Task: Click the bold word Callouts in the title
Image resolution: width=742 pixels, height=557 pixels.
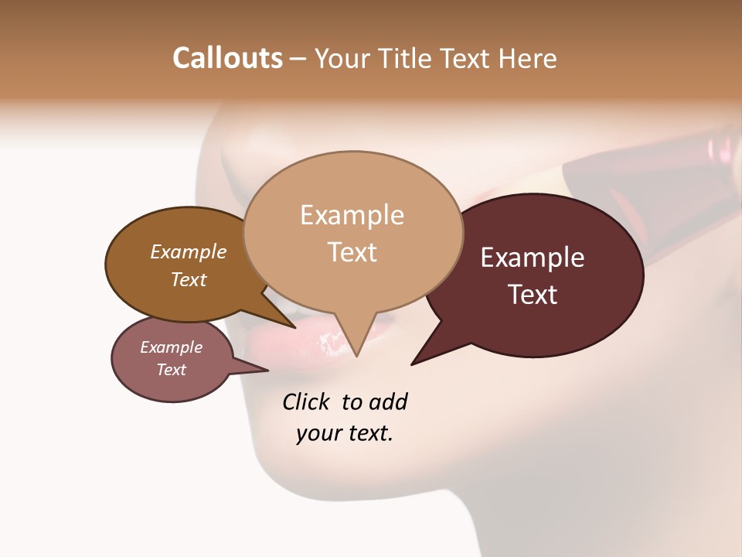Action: click(227, 58)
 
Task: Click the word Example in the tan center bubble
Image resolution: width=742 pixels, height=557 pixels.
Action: click(352, 214)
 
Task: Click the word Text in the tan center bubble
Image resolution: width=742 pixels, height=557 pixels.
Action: click(352, 251)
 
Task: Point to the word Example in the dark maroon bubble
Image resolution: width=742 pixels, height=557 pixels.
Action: click(533, 258)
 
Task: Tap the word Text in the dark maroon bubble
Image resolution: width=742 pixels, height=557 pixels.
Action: click(533, 295)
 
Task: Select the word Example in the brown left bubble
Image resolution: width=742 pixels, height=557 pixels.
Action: click(189, 251)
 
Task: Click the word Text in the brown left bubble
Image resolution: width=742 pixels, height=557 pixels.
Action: click(189, 279)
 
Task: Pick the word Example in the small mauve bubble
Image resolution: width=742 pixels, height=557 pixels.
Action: click(172, 347)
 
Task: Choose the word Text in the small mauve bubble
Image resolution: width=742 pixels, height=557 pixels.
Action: click(172, 370)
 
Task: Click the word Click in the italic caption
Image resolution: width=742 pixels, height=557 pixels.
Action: click(307, 402)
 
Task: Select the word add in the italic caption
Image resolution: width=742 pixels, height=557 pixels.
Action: click(388, 402)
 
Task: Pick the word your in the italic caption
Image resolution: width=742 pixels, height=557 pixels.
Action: click(318, 433)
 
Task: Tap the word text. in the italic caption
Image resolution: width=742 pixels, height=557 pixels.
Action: click(368, 433)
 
